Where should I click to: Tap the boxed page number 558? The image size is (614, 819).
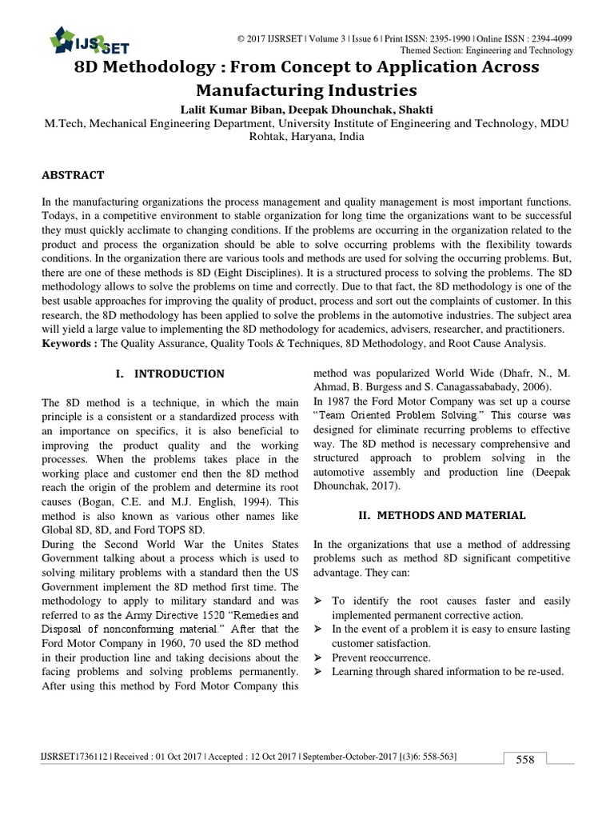(x=524, y=760)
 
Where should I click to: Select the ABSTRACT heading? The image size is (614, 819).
(x=73, y=174)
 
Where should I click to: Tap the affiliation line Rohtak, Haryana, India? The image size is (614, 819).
(x=307, y=137)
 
